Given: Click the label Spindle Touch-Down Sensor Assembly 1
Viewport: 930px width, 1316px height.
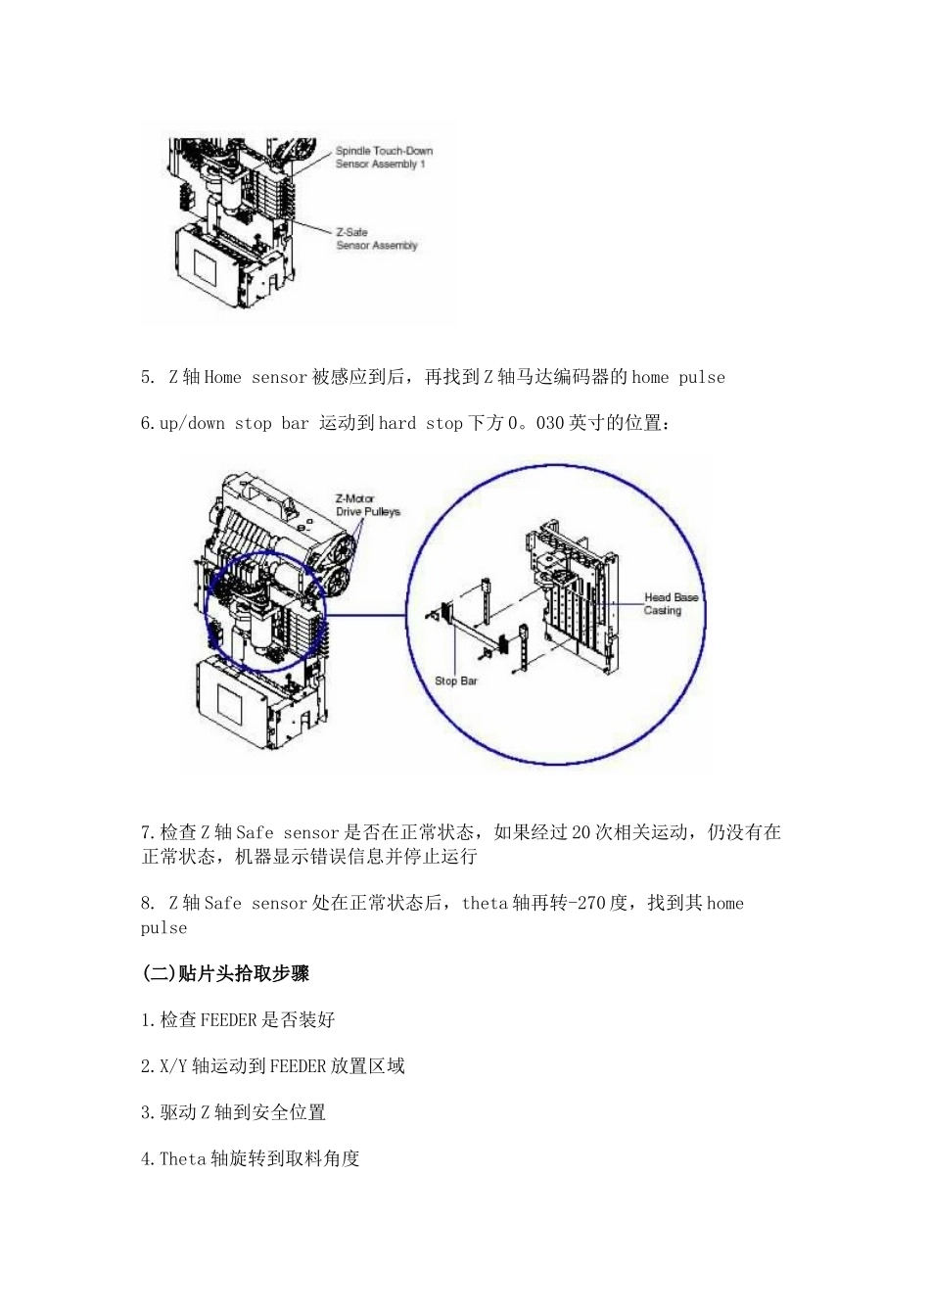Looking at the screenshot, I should tap(383, 158).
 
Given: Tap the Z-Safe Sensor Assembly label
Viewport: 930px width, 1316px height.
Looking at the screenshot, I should tap(376, 239).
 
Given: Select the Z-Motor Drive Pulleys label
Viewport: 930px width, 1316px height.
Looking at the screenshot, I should tap(367, 505).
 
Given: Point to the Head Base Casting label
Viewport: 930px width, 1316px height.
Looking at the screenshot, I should tap(671, 603).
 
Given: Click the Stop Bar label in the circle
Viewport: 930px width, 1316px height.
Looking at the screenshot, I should tap(455, 681).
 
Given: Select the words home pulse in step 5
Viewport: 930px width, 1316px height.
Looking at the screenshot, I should tap(678, 377).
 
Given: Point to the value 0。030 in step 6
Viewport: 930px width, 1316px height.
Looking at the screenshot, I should tap(536, 423).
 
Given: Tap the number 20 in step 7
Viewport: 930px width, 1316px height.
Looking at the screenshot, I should tap(581, 832).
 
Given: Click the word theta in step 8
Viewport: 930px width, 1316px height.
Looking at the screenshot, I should tap(485, 903).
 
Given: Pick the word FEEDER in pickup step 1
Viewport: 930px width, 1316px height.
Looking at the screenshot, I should tap(229, 1019).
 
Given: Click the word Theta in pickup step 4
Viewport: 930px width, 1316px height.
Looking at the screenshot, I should tap(183, 1158).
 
